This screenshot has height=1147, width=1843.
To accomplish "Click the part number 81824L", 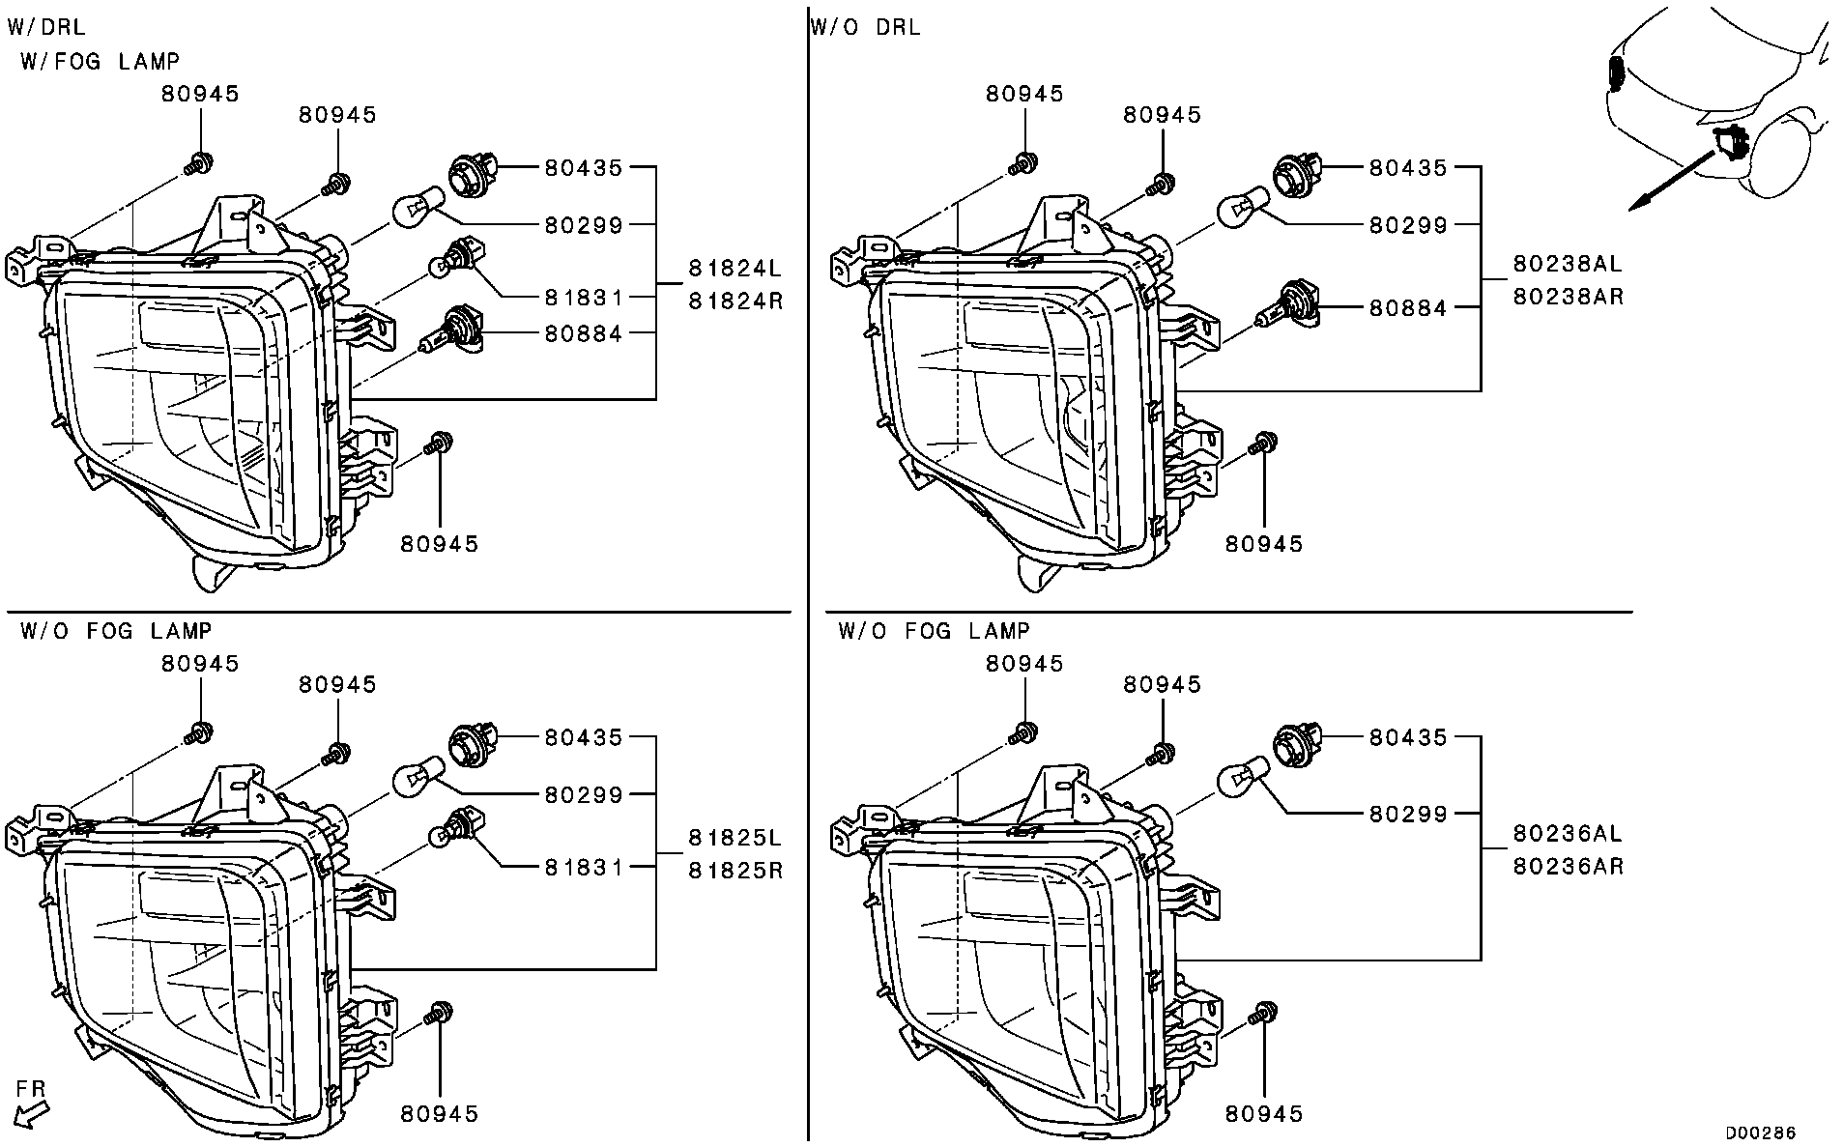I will pyautogui.click(x=734, y=267).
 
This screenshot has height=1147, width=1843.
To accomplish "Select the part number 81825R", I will pyautogui.click(x=734, y=871).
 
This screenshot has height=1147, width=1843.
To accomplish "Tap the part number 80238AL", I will pyautogui.click(x=1567, y=263).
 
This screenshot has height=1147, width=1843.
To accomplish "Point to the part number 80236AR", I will pyautogui.click(x=1567, y=866).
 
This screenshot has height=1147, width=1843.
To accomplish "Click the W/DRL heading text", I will pyautogui.click(x=45, y=28).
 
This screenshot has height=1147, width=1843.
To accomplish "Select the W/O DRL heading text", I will pyautogui.click(x=865, y=28).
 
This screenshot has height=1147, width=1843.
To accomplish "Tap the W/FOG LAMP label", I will pyautogui.click(x=100, y=62).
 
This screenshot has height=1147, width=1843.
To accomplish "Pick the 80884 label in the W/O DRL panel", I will pyautogui.click(x=1408, y=308).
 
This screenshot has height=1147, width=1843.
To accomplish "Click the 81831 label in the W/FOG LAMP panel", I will pyautogui.click(x=584, y=299).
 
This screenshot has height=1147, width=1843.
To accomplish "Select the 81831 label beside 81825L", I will pyautogui.click(x=584, y=868).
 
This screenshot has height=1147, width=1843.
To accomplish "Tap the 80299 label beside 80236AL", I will pyautogui.click(x=1408, y=815).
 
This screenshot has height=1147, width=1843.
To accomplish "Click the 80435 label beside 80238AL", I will pyautogui.click(x=1408, y=168).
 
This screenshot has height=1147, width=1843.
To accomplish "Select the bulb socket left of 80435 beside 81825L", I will pyautogui.click(x=472, y=745).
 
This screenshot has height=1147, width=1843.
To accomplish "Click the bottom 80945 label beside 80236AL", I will pyautogui.click(x=1264, y=1113).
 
